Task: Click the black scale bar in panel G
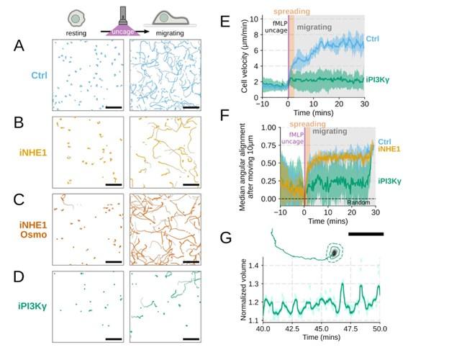click(366, 234)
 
